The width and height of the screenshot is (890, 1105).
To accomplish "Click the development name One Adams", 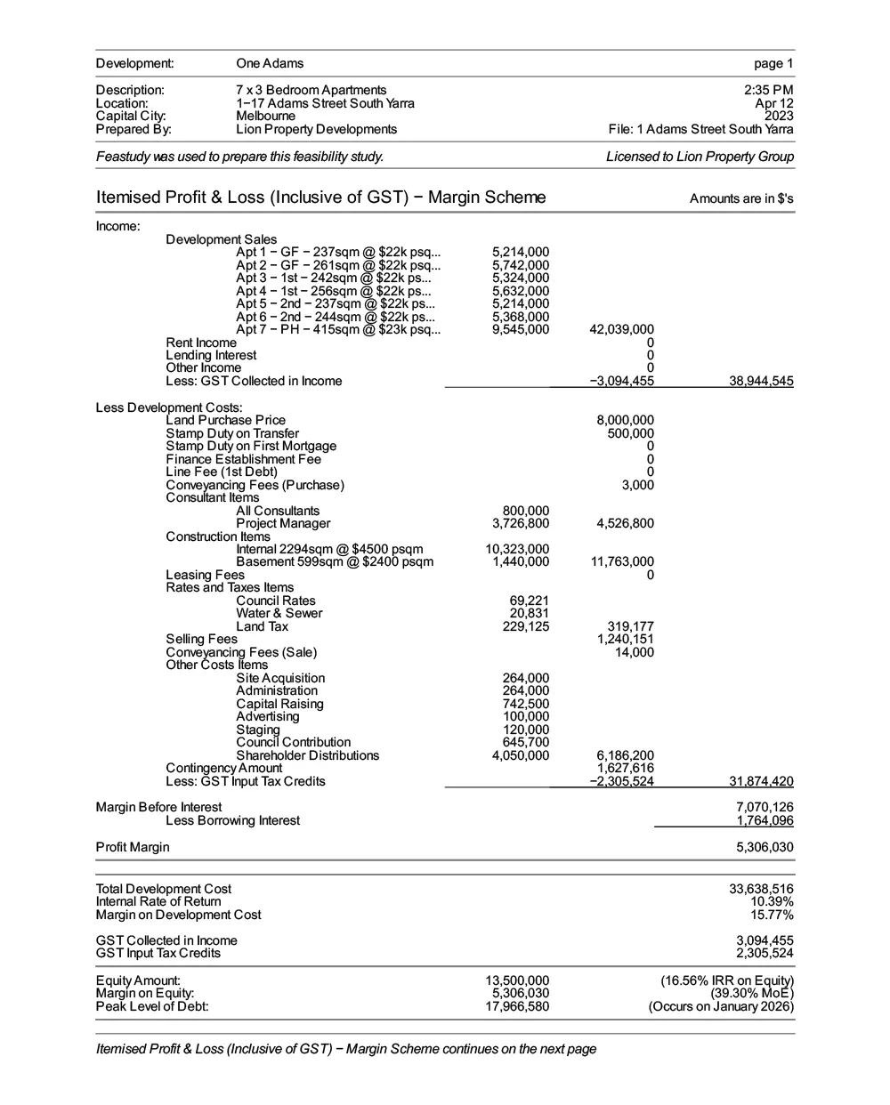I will coord(270,64).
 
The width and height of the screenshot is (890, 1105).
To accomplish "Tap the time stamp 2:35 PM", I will coord(769,90).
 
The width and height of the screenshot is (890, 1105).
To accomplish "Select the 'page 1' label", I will coord(773,64).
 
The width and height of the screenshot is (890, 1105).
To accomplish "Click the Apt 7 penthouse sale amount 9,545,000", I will coord(521,330).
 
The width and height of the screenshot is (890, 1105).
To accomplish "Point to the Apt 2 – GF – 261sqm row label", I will coord(338,266).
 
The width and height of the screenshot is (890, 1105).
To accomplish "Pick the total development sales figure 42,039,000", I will coord(621,330).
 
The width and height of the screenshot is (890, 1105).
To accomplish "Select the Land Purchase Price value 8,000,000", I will coord(625,421).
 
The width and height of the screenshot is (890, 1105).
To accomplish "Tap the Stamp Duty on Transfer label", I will coord(232,434).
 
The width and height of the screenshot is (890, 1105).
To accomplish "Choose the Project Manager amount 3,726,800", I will coord(521,524).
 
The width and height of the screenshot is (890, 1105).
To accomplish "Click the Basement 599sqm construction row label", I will coord(335,562).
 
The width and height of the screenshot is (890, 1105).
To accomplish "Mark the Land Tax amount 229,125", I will coord(525,627).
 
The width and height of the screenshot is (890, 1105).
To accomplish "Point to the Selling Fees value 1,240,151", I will coord(625,640).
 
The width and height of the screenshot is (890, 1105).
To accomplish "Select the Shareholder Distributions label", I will coord(307,756).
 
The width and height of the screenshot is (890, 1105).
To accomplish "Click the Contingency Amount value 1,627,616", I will coord(625,769).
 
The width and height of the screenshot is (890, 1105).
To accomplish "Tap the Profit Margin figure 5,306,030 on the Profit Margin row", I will coord(765,848).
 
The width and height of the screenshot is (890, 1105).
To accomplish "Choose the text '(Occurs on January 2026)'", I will coord(721,1007).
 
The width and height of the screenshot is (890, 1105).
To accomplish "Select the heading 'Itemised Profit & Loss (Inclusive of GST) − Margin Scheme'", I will coord(320,198).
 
